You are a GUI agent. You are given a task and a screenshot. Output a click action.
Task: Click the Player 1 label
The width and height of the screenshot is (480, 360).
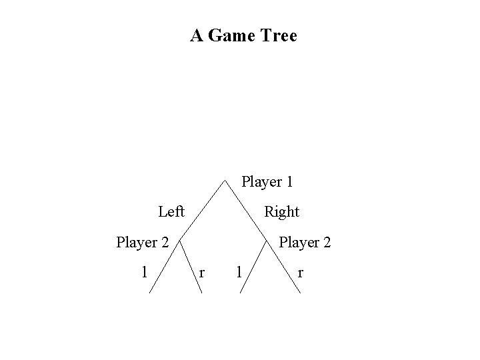point(267,181)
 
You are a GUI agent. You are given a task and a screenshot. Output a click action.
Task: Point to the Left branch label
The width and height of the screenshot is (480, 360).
point(171,212)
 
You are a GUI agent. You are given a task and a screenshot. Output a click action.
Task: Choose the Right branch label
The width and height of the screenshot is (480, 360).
point(281,212)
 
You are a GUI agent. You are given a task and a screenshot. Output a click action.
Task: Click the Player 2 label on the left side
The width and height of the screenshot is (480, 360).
point(142,242)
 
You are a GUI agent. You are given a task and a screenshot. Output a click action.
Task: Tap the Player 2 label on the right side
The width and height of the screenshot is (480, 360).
point(305,242)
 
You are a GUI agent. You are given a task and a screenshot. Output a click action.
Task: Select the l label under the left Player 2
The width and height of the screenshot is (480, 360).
point(144,271)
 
